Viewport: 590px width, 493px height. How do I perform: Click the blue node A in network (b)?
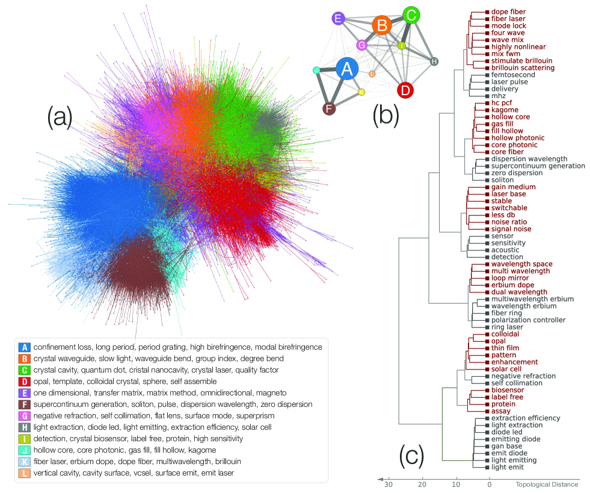(346, 70)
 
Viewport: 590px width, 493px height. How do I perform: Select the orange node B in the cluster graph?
(381, 26)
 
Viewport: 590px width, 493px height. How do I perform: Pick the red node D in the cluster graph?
(405, 90)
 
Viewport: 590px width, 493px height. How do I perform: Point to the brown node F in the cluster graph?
(328, 109)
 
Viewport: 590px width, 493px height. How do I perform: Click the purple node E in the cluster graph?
(339, 19)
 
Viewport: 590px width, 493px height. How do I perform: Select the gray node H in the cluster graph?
(435, 61)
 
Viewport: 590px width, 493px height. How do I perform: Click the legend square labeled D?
(24, 382)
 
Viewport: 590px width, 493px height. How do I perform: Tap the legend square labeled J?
(24, 450)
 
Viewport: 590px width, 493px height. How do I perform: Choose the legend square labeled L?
(24, 473)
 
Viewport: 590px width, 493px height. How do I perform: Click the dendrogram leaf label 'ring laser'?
(507, 327)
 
